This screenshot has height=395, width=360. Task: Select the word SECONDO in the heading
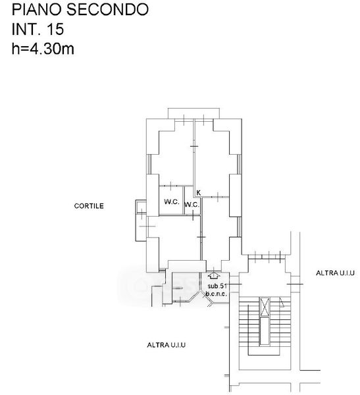(x=107, y=9)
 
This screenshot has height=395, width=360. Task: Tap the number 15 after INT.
(x=55, y=29)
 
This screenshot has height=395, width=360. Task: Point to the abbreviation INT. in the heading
(x=27, y=29)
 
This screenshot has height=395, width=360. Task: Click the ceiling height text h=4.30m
(x=43, y=48)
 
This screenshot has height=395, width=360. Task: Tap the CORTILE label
(x=89, y=206)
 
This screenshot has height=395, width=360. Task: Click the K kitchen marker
(x=199, y=193)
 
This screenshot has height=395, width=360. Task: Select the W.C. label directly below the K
(x=192, y=205)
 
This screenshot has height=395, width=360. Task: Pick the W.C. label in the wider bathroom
(x=172, y=202)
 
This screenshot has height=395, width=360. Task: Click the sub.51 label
(x=217, y=286)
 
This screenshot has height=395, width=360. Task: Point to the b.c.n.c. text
(x=216, y=294)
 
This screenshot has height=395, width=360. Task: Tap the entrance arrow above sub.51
(x=214, y=276)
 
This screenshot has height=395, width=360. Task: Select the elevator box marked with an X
(x=265, y=307)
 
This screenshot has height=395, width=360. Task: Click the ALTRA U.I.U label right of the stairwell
(x=335, y=273)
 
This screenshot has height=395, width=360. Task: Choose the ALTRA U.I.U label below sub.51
(x=167, y=344)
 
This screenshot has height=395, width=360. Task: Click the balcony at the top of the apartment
(x=193, y=113)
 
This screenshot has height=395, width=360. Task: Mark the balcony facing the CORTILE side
(x=141, y=221)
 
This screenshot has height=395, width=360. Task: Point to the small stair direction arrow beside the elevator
(x=282, y=302)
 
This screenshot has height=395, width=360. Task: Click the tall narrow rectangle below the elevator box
(x=265, y=330)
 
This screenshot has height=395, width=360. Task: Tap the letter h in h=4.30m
(x=15, y=48)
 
